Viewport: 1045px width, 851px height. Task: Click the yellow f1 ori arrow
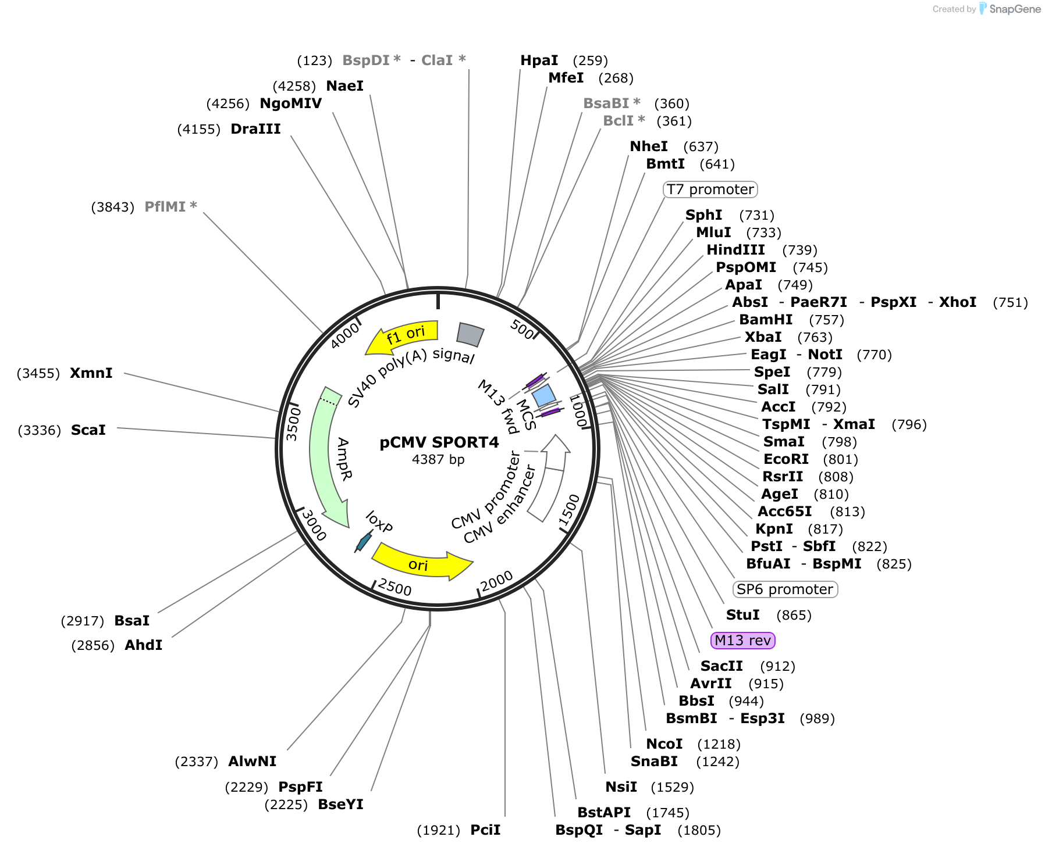click(401, 336)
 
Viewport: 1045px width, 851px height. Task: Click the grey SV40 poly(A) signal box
click(470, 334)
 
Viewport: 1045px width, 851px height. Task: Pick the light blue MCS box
click(544, 395)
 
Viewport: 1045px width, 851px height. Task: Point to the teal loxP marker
click(364, 542)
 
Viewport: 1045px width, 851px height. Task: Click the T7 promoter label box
click(710, 189)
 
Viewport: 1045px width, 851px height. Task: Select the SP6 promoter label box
click(785, 589)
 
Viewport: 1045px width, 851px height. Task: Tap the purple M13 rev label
click(743, 641)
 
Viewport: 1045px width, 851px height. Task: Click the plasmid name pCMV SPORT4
click(439, 442)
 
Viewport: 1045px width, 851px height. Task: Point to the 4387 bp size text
click(438, 459)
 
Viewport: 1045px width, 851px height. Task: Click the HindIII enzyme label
click(735, 250)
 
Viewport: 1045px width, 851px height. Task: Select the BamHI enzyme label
click(766, 320)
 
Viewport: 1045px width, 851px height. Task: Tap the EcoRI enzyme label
click(786, 459)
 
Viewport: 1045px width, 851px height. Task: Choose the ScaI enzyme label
click(88, 430)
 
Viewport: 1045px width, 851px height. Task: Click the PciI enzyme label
click(485, 830)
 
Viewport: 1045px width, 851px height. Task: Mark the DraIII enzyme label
click(255, 129)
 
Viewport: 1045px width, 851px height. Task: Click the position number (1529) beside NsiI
click(672, 787)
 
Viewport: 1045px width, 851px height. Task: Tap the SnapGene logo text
click(1015, 9)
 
